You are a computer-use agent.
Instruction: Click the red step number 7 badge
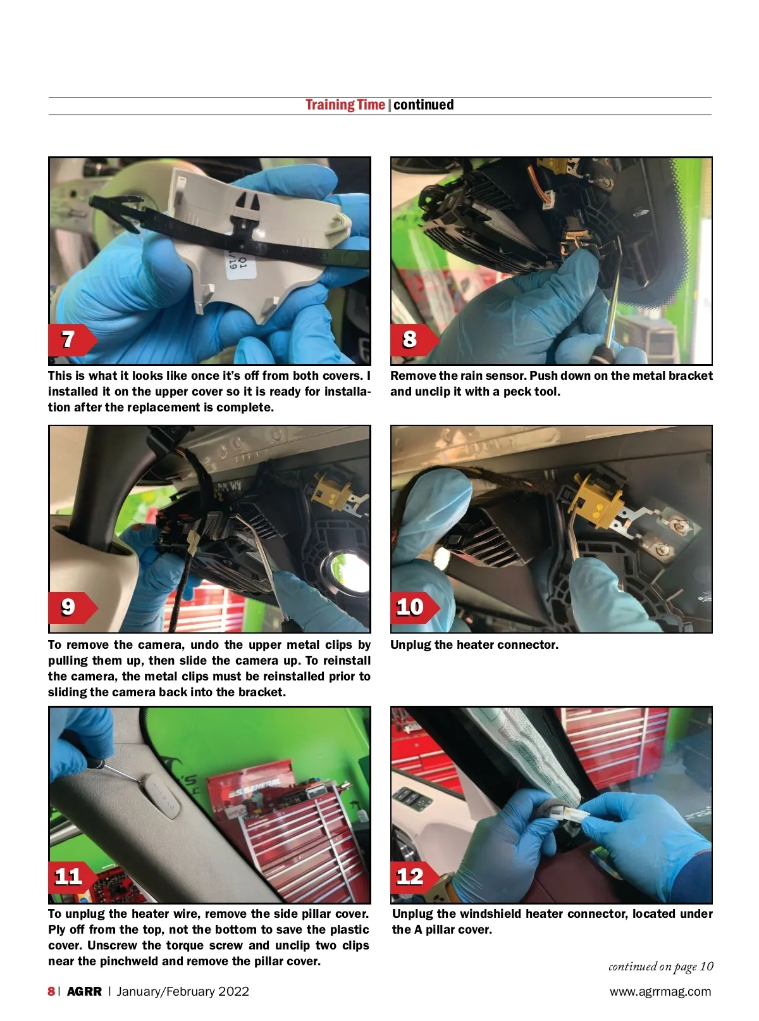tap(71, 340)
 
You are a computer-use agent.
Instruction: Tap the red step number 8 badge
tap(414, 340)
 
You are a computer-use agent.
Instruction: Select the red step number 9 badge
tap(71, 607)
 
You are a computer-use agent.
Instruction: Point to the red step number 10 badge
tap(414, 607)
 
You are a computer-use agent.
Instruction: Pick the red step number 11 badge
tap(71, 877)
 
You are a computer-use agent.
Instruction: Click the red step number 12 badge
tap(414, 877)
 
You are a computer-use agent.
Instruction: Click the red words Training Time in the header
tap(345, 105)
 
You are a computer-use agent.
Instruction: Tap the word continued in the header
tap(424, 104)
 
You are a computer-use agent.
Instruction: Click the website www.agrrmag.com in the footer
tap(660, 991)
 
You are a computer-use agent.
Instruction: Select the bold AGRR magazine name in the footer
tap(84, 991)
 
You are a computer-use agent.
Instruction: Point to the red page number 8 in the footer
tap(51, 991)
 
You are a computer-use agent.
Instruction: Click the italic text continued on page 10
tap(660, 967)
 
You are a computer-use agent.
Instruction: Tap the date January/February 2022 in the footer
tap(183, 991)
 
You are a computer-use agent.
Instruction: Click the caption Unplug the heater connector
tap(474, 645)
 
